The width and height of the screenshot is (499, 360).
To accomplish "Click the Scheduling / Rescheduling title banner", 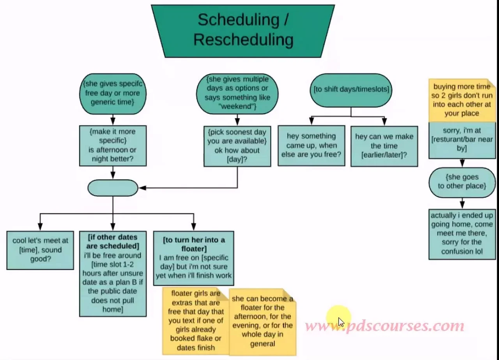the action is (243, 31).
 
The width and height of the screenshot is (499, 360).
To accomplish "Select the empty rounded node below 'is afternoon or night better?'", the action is (113, 188).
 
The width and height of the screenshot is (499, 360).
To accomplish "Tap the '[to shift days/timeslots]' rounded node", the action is (351, 90).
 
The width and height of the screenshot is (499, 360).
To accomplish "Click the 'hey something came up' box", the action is (311, 146).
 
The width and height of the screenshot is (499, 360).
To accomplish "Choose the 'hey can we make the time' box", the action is (384, 146).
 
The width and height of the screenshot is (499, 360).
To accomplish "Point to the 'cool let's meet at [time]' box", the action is (40, 250).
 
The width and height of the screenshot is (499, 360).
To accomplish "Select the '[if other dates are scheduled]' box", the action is (113, 274).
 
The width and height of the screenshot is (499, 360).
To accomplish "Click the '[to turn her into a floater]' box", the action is (194, 258).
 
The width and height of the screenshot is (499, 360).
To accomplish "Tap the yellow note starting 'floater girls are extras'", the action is (196, 321).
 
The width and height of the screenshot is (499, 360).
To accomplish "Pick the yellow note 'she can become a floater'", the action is (263, 322).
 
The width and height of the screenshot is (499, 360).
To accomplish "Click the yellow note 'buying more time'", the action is (462, 100).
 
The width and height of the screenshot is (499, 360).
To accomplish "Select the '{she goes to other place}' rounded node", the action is (462, 183).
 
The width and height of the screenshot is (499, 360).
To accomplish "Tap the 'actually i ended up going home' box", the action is (462, 234).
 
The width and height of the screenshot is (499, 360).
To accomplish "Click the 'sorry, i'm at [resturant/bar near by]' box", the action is (462, 140).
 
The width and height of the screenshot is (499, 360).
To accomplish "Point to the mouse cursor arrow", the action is (341, 322).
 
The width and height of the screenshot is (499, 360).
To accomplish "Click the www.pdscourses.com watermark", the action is (384, 326).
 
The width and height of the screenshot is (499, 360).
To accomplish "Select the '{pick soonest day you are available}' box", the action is (237, 146).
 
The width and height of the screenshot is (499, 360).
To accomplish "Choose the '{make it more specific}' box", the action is (113, 145).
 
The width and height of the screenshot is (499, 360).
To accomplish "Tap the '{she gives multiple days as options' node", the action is (237, 94).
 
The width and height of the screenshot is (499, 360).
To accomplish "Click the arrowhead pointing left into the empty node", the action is (143, 188).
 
